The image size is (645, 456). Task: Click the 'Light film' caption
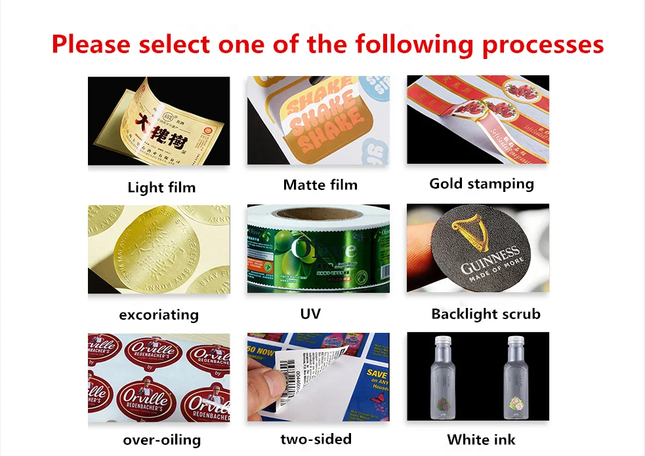point(161,187)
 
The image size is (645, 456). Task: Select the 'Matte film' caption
point(320,185)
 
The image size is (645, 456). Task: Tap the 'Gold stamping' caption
point(482,183)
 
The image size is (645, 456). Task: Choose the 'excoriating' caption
point(158,314)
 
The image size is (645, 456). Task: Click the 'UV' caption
point(310,314)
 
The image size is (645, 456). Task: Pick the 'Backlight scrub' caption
point(486,314)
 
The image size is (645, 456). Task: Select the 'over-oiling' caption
point(161,440)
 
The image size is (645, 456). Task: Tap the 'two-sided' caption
point(316,439)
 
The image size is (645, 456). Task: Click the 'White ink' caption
point(481,440)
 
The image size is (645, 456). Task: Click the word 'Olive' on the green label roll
point(324,250)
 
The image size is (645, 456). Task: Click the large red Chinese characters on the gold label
point(161,128)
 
